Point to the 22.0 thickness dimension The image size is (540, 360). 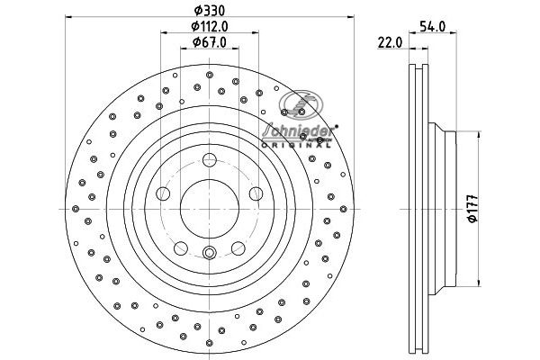(389, 42)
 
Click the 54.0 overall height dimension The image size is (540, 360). (434, 28)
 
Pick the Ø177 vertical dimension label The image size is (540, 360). (471, 206)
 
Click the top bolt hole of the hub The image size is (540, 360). (209, 160)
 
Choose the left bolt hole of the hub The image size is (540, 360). (163, 193)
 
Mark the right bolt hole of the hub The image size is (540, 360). (255, 193)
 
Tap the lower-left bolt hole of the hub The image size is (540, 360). (180, 247)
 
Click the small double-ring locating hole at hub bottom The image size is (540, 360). (209, 252)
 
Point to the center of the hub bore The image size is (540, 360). (209, 208)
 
